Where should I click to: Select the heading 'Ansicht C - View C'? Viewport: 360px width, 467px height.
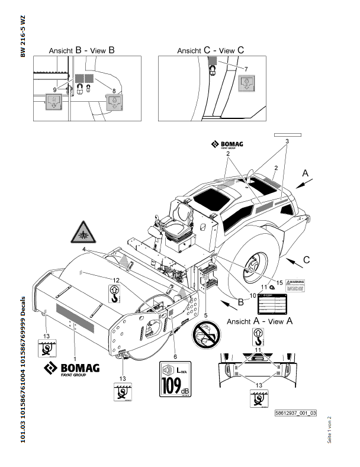pyautogui.click(x=210, y=51)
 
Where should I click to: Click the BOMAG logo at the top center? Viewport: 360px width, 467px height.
pyautogui.click(x=229, y=145)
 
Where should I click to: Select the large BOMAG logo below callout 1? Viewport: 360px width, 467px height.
pyautogui.click(x=70, y=371)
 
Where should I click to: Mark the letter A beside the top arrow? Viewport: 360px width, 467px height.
pyautogui.click(x=306, y=173)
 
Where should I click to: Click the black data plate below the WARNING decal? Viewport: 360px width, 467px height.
pyautogui.click(x=271, y=304)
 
